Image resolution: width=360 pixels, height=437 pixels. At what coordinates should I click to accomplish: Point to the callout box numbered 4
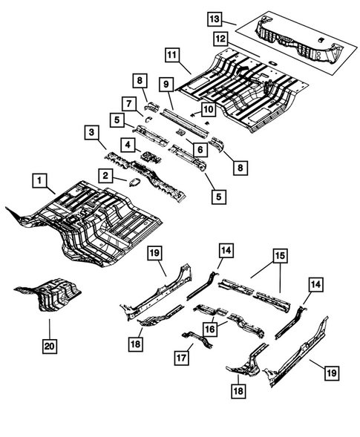[128, 145]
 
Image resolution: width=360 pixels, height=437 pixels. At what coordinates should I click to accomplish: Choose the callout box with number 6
[198, 149]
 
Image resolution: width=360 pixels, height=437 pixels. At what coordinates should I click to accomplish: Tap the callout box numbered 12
[220, 36]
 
